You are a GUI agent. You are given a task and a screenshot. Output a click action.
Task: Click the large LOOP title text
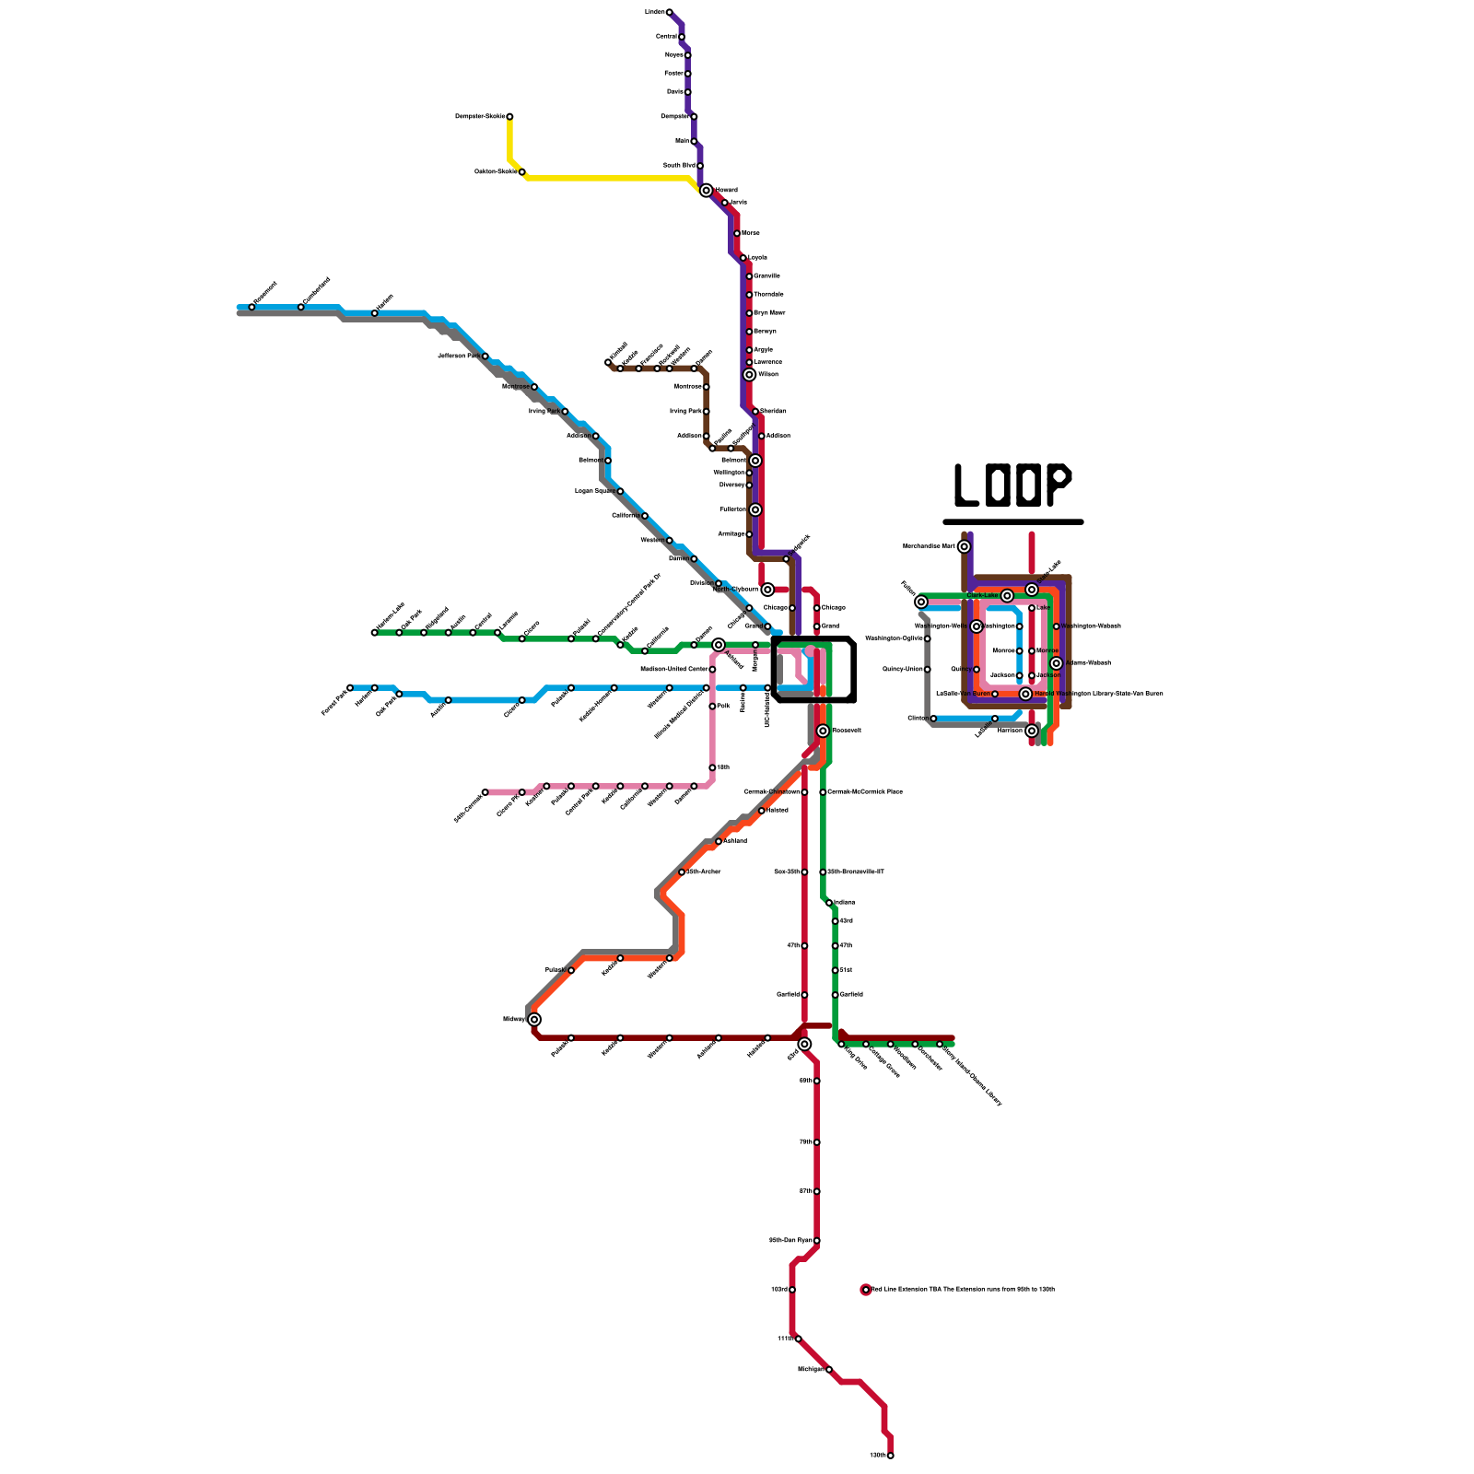pyautogui.click(x=1012, y=485)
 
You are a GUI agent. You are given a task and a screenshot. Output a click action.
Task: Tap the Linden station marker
pyautogui.click(x=670, y=12)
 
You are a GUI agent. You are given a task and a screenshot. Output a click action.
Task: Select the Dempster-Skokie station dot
pyautogui.click(x=509, y=117)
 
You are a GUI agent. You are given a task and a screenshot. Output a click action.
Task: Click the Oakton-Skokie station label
pyautogui.click(x=495, y=171)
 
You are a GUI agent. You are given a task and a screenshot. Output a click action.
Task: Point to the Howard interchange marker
pyautogui.click(x=707, y=191)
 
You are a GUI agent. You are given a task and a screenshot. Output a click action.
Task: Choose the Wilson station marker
pyautogui.click(x=749, y=375)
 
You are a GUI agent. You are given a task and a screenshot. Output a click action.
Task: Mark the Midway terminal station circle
pyautogui.click(x=534, y=1019)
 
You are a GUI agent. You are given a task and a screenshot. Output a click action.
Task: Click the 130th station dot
pyautogui.click(x=890, y=1456)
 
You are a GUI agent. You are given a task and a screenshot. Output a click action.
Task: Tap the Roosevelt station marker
pyautogui.click(x=823, y=731)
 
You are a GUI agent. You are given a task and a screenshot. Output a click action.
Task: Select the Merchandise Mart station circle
pyautogui.click(x=965, y=546)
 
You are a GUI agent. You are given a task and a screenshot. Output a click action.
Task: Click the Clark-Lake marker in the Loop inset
pyautogui.click(x=1007, y=596)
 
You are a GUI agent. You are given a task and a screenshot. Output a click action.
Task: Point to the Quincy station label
pyautogui.click(x=960, y=669)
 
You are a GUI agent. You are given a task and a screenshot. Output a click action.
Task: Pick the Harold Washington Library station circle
pyautogui.click(x=1025, y=694)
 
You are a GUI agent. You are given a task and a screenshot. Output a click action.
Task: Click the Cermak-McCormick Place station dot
pyautogui.click(x=823, y=792)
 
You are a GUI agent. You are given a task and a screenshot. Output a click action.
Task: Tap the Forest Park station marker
pyautogui.click(x=350, y=687)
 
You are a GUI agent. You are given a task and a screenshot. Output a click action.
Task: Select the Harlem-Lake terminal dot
pyautogui.click(x=374, y=633)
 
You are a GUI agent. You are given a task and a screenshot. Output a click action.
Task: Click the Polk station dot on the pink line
pyautogui.click(x=712, y=707)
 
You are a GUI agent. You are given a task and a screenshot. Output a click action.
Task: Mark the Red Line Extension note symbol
pyautogui.click(x=866, y=1290)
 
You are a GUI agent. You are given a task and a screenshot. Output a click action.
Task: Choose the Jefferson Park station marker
pyautogui.click(x=485, y=356)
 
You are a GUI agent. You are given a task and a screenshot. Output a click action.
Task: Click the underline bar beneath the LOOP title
pyautogui.click(x=1012, y=522)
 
